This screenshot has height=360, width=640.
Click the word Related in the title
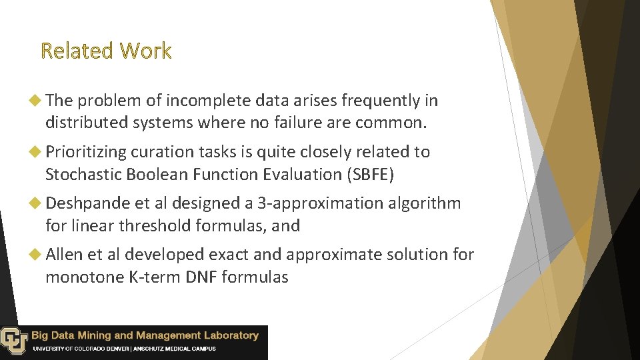click(x=75, y=51)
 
